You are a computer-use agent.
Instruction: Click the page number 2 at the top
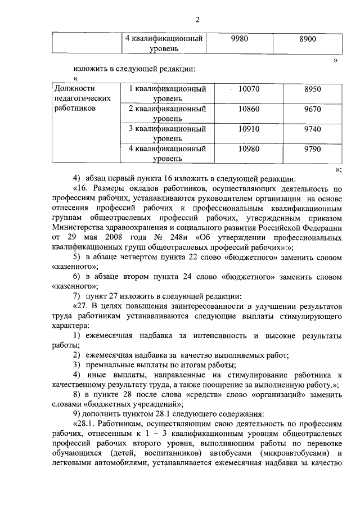pos(198,21)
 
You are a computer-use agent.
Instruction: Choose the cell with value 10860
pos(248,109)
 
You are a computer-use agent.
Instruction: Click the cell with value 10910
pos(248,129)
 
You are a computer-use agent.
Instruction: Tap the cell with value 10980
pos(248,148)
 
